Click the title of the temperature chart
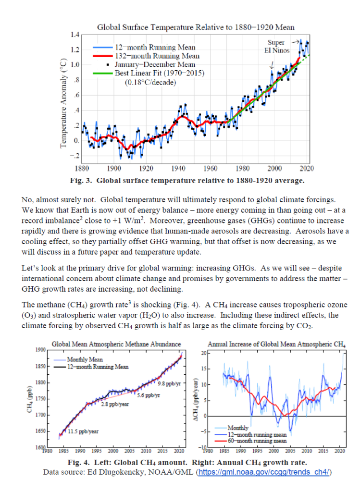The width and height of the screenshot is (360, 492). point(196,27)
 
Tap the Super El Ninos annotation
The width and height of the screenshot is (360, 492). point(276,47)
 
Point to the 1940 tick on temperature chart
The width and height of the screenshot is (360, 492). point(178,169)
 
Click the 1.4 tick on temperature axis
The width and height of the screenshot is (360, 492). point(74,35)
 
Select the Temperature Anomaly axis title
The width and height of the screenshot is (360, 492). point(63,103)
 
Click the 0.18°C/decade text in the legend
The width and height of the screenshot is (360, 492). point(150,82)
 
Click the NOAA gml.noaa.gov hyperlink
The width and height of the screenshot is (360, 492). point(264,472)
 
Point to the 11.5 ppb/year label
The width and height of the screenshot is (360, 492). point(83,431)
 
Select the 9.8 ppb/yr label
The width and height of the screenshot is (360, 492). point(169,383)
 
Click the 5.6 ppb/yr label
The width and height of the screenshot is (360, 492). point(149,395)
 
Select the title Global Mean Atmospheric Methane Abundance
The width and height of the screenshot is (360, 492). point(116,344)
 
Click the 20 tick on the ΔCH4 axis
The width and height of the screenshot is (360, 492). point(203,353)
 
